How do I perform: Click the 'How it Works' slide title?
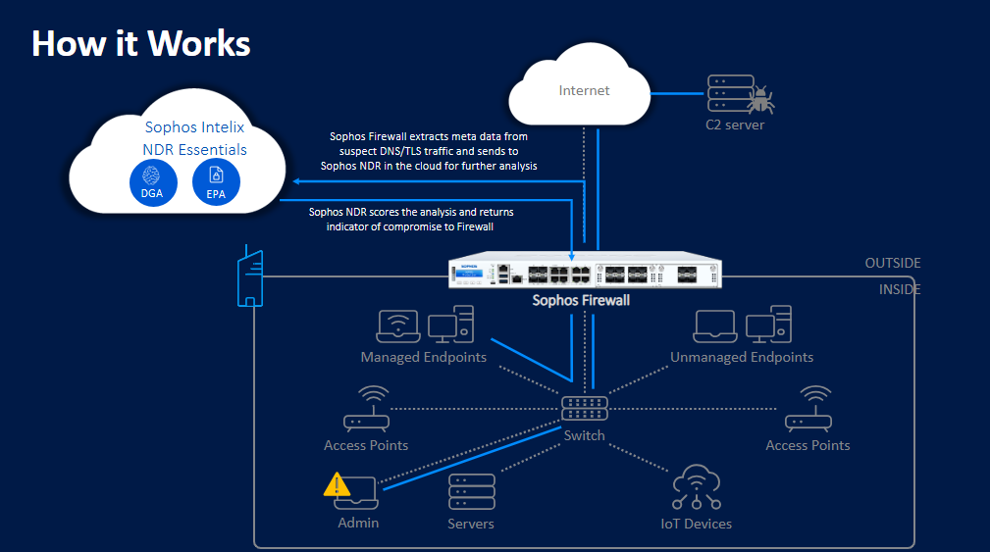pyautogui.click(x=141, y=43)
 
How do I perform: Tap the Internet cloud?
pyautogui.click(x=584, y=91)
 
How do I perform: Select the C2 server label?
pyautogui.click(x=734, y=125)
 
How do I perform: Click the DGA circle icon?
pyautogui.click(x=152, y=180)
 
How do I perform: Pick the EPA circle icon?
pyautogui.click(x=216, y=180)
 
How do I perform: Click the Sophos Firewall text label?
pyautogui.click(x=581, y=300)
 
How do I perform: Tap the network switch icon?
pyautogui.click(x=585, y=408)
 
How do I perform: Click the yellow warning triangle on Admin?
pyautogui.click(x=338, y=483)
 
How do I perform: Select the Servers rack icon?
pyautogui.click(x=470, y=491)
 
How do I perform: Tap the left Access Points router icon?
pyautogui.click(x=366, y=410)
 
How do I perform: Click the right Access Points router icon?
pyautogui.click(x=808, y=410)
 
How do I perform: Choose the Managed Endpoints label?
pyautogui.click(x=423, y=357)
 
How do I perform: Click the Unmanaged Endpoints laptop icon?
pyautogui.click(x=716, y=326)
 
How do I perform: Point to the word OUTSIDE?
pyautogui.click(x=892, y=263)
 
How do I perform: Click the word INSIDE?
pyautogui.click(x=900, y=289)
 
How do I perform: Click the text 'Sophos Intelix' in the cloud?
pyautogui.click(x=194, y=126)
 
